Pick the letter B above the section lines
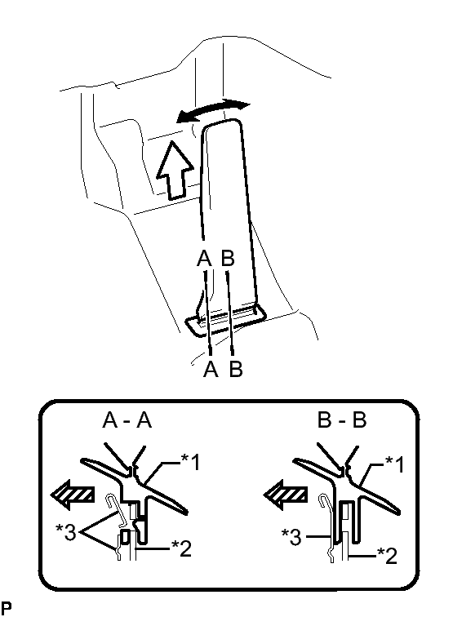pyautogui.click(x=228, y=259)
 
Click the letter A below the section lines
pyautogui.click(x=211, y=369)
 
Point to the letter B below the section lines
pyautogui.click(x=236, y=369)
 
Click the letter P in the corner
pyautogui.click(x=7, y=606)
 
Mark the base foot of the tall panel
pyautogui.click(x=227, y=321)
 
